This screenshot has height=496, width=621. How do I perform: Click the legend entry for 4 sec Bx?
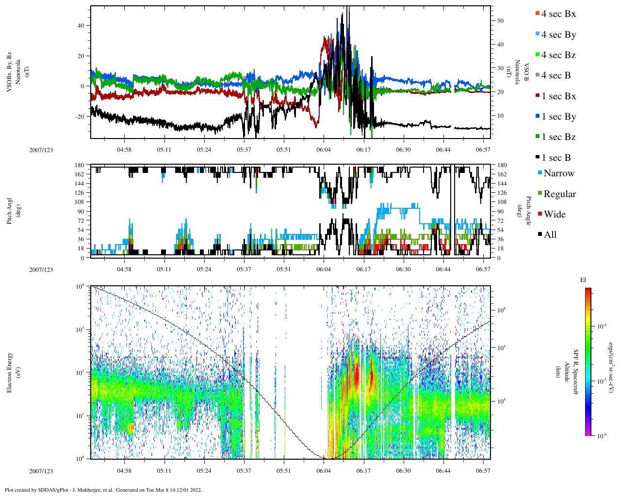[558, 14]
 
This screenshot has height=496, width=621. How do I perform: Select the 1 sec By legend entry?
[558, 117]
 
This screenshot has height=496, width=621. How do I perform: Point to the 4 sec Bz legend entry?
[558, 55]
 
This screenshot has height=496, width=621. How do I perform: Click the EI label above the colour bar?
[583, 280]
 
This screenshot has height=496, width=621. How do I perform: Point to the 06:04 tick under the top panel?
[324, 150]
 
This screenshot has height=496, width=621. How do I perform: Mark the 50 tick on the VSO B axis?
[500, 21]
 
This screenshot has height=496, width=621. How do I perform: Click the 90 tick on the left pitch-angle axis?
[80, 211]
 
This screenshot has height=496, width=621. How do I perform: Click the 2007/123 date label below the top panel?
[41, 150]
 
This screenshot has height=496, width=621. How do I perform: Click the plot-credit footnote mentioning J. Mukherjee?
[103, 490]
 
